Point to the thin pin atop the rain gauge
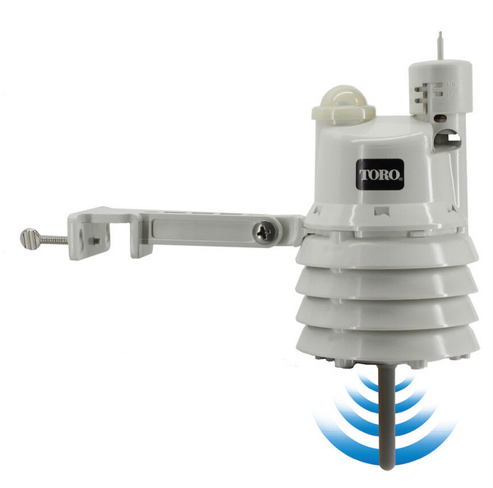click(440, 44)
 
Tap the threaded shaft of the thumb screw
click(53, 240)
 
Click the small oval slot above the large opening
click(441, 118)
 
